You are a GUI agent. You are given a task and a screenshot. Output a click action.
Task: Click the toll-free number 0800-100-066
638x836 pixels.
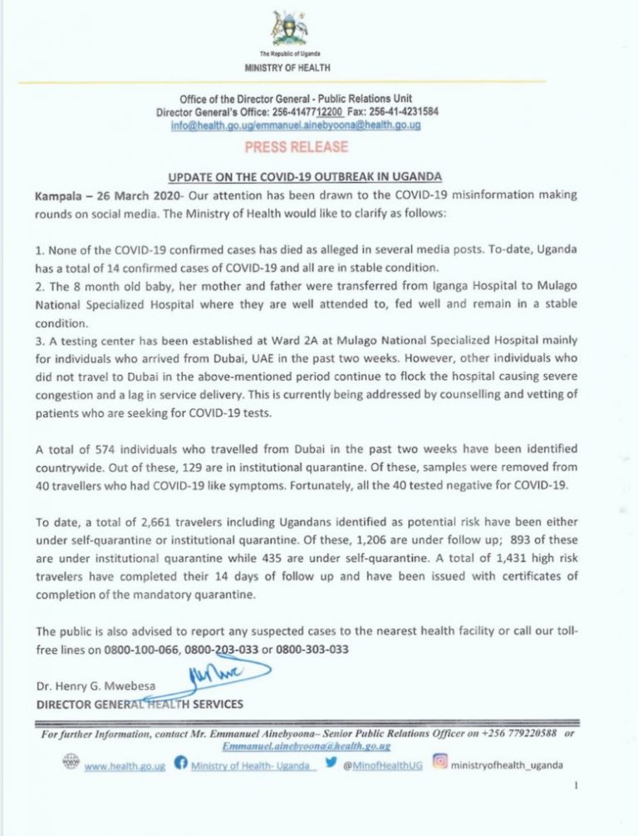click(x=140, y=649)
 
